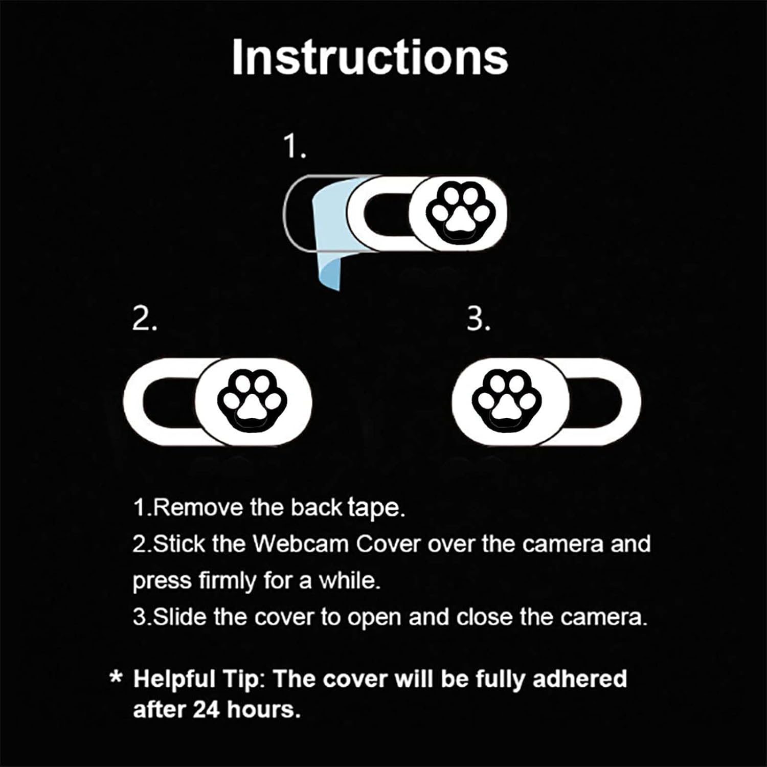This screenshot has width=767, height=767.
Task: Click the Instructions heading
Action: (x=370, y=57)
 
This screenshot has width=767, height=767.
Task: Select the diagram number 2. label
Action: (x=144, y=320)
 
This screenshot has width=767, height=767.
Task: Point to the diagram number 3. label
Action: (x=478, y=320)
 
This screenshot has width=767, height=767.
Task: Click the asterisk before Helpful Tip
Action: (x=116, y=679)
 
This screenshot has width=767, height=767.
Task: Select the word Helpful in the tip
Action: (x=174, y=680)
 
